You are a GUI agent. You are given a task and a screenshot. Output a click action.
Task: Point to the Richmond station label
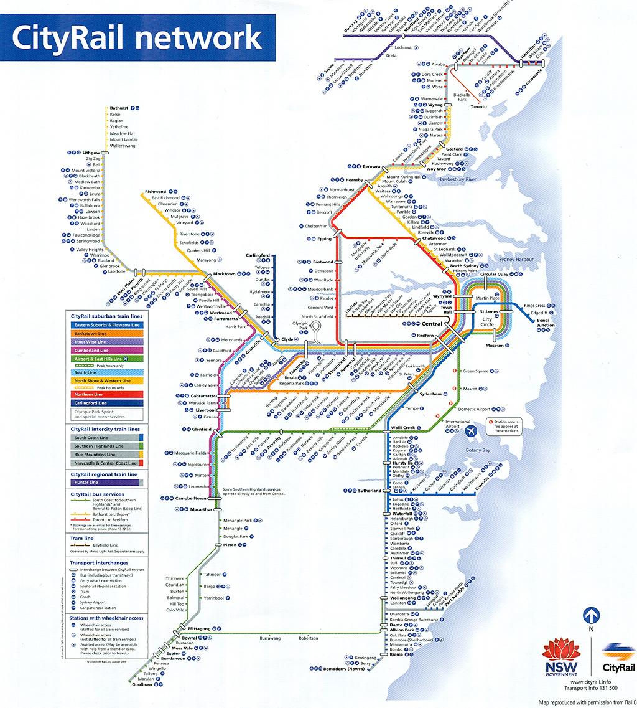(156, 191)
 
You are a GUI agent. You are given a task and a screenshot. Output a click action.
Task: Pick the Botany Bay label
(478, 450)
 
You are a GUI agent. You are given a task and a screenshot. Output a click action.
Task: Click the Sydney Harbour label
(517, 258)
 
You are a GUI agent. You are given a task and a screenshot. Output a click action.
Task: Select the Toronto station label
(479, 106)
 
